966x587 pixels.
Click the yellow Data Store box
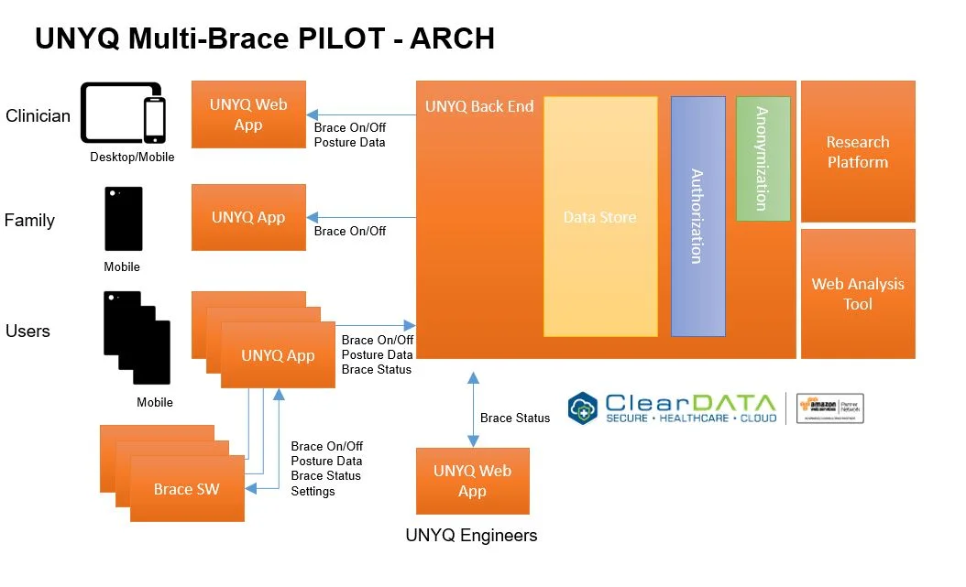click(x=600, y=217)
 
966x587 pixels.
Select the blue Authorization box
click(x=697, y=216)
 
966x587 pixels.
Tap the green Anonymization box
click(x=763, y=158)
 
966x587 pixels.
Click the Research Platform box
click(x=858, y=152)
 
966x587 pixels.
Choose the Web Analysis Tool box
click(x=858, y=294)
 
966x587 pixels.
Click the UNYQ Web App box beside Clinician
click(x=248, y=114)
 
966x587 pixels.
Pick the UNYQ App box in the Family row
click(x=248, y=217)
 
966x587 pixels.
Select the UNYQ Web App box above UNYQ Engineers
click(x=472, y=481)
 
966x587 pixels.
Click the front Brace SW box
click(x=187, y=489)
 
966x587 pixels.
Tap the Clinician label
click(x=38, y=116)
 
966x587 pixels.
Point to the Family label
click(x=29, y=221)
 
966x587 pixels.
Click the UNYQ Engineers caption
click(x=471, y=536)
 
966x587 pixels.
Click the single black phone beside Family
click(x=124, y=219)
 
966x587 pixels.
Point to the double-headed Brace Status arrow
click(x=473, y=409)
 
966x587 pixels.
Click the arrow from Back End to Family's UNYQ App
click(x=361, y=217)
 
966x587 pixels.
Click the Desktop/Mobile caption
click(x=132, y=158)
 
